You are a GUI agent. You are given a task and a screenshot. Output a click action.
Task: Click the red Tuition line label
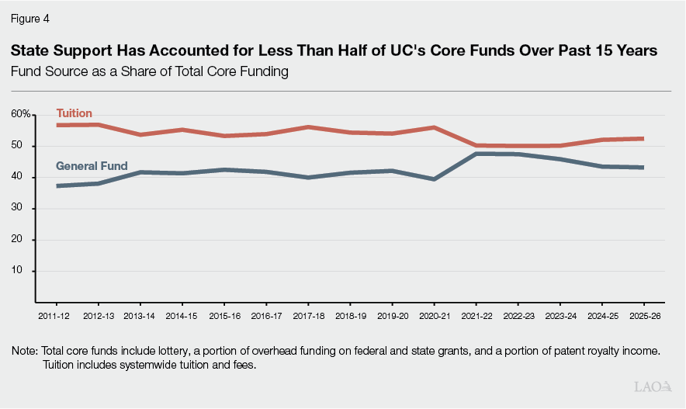tap(74, 113)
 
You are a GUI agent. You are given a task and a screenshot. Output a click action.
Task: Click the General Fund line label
tap(92, 165)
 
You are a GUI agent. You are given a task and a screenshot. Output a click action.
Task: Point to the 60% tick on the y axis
tap(22, 114)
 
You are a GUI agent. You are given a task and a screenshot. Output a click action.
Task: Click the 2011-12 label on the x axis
tap(54, 317)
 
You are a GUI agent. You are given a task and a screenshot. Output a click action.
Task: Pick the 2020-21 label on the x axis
tap(435, 317)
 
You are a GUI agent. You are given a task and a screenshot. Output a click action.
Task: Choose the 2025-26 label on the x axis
tap(645, 317)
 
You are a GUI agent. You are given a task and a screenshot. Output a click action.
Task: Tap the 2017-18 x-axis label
tap(308, 317)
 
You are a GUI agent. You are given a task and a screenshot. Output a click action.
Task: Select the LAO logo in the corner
tap(651, 386)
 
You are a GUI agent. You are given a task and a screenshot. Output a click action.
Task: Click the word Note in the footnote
tap(25, 351)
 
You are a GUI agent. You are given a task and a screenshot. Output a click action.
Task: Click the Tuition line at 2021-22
tap(476, 145)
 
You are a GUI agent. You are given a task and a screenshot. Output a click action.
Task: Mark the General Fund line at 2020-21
tap(435, 179)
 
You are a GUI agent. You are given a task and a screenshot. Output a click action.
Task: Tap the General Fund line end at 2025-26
tap(643, 167)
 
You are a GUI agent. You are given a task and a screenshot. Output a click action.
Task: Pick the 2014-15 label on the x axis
tap(182, 317)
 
